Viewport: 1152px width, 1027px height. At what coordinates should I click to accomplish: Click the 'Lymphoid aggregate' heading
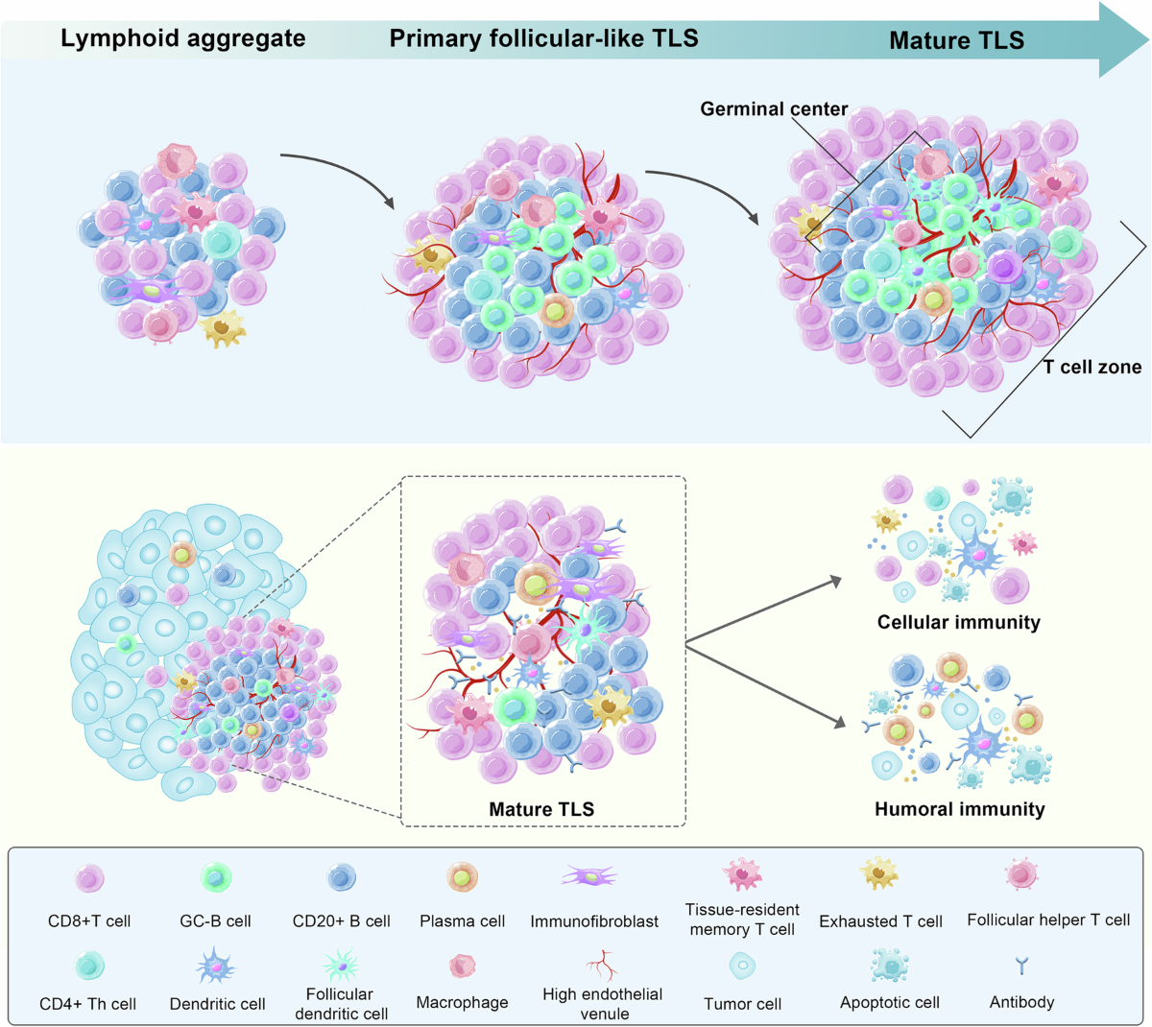[x=183, y=38]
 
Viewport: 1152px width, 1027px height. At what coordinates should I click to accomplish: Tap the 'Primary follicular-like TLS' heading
[x=543, y=38]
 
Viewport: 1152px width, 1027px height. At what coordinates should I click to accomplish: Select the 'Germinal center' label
[x=774, y=108]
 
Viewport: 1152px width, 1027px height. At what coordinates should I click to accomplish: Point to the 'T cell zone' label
[x=1092, y=367]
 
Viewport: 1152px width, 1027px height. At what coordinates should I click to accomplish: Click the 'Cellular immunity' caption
[x=959, y=622]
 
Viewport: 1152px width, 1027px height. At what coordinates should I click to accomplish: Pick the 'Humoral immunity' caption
[x=960, y=808]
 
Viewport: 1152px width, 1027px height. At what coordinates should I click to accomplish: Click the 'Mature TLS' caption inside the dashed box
[x=541, y=808]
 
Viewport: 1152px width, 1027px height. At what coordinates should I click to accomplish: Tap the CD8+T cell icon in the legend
[x=90, y=878]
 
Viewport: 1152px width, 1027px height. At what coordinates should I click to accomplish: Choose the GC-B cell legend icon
[x=216, y=877]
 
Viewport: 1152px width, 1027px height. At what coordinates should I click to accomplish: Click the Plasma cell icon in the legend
[x=462, y=877]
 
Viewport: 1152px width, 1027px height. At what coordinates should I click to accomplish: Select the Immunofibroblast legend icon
[x=589, y=876]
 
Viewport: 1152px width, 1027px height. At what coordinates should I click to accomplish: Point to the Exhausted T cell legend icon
[x=878, y=873]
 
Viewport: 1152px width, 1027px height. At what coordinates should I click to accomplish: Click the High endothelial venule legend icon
[x=602, y=965]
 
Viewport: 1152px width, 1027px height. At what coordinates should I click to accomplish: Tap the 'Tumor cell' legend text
[x=743, y=1004]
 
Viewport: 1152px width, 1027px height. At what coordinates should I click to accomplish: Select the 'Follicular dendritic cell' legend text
[x=341, y=1004]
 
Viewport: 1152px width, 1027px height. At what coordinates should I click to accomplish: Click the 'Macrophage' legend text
[x=463, y=1002]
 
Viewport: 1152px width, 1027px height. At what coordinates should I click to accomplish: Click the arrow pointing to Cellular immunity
[x=763, y=610]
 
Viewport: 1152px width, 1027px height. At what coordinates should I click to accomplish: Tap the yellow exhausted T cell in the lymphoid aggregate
[x=223, y=328]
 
